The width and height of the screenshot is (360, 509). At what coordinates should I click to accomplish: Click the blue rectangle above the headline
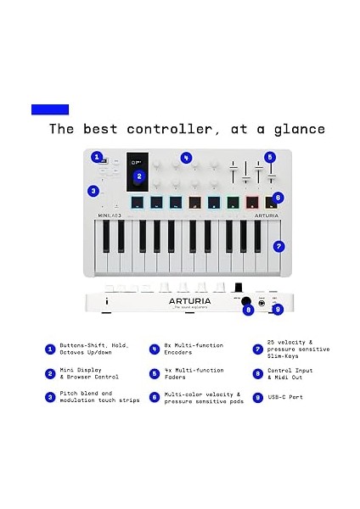[49, 109]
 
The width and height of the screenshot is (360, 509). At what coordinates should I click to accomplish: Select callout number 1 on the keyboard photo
[97, 157]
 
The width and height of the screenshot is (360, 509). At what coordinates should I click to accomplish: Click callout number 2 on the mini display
[140, 176]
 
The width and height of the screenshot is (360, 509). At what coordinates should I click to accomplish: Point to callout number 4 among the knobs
[186, 158]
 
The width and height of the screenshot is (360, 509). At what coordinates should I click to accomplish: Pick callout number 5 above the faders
[269, 157]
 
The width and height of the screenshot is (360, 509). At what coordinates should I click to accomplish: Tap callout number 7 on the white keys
[278, 247]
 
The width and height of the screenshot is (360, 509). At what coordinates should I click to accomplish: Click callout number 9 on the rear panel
[278, 310]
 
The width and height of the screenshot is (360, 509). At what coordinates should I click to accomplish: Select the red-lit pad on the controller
[252, 202]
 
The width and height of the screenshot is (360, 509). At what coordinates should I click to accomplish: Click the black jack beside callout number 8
[246, 302]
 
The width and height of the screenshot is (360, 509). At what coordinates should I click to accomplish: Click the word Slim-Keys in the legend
[285, 355]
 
